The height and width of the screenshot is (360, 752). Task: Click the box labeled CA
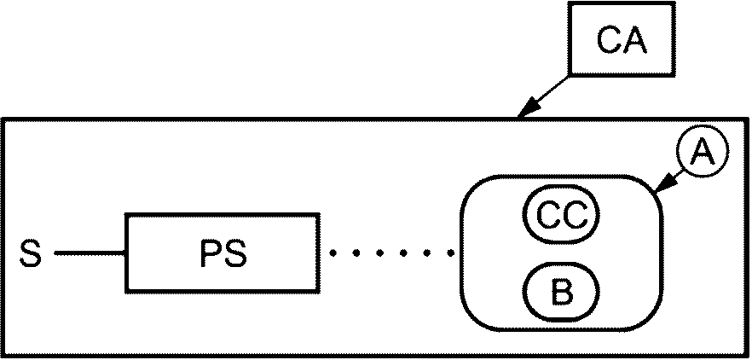(622, 39)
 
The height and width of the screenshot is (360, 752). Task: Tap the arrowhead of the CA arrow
(528, 107)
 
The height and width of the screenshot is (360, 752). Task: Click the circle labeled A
(703, 151)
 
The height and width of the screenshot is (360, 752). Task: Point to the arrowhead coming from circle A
(665, 185)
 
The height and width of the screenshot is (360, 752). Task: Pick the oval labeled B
(561, 293)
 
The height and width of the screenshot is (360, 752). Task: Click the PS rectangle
(223, 253)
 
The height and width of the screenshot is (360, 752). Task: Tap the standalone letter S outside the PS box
(31, 253)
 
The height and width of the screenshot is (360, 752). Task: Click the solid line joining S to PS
(90, 253)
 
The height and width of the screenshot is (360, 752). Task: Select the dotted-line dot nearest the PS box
(333, 253)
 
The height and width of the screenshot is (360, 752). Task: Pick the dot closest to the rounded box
(451, 253)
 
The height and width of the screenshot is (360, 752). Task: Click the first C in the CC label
(547, 217)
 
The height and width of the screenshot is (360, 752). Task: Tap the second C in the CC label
(576, 217)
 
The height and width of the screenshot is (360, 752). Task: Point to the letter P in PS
(210, 254)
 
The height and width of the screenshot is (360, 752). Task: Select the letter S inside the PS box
(235, 254)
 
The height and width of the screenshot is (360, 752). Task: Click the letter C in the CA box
(609, 40)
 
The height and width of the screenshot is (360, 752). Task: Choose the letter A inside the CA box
(635, 40)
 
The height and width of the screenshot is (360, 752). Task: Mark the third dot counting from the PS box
(380, 253)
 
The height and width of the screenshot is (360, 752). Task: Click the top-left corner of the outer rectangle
(2, 118)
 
